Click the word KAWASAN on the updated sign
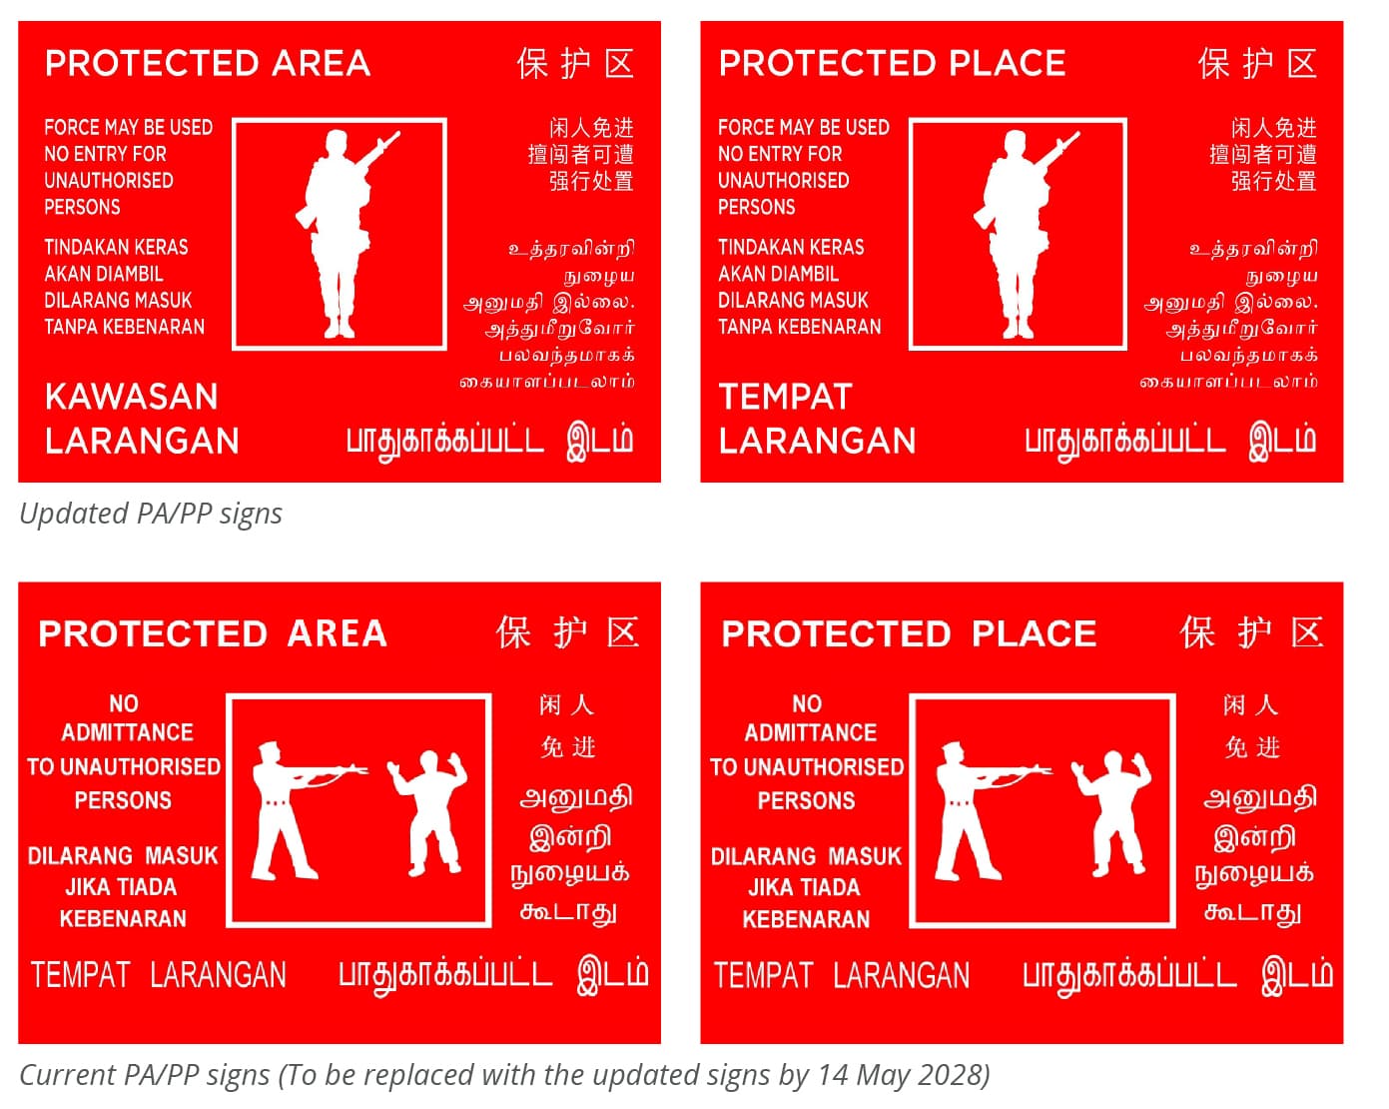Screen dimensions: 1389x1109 pyautogui.click(x=132, y=396)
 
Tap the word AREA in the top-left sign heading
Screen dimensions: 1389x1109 pyautogui.click(x=321, y=63)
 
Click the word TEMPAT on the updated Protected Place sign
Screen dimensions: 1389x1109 pyautogui.click(x=786, y=397)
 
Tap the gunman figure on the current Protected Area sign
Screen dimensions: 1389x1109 pyautogui.click(x=304, y=810)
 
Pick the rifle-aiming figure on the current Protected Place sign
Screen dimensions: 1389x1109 pyautogui.click(x=988, y=810)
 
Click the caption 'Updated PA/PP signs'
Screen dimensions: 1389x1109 pyautogui.click(x=151, y=515)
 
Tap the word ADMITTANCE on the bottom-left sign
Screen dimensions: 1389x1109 pyautogui.click(x=127, y=732)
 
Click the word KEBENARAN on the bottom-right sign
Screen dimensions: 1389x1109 pyautogui.click(x=806, y=919)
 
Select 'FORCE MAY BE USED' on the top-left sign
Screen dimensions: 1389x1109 pyautogui.click(x=129, y=127)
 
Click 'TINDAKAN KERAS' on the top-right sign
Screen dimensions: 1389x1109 pyautogui.click(x=791, y=248)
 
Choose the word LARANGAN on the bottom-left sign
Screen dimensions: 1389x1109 pyautogui.click(x=218, y=975)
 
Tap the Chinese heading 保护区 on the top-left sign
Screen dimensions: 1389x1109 pyautogui.click(x=575, y=64)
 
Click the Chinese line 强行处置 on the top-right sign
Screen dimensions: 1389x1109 pyautogui.click(x=1273, y=181)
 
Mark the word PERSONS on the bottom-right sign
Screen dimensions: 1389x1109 pyautogui.click(x=806, y=801)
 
